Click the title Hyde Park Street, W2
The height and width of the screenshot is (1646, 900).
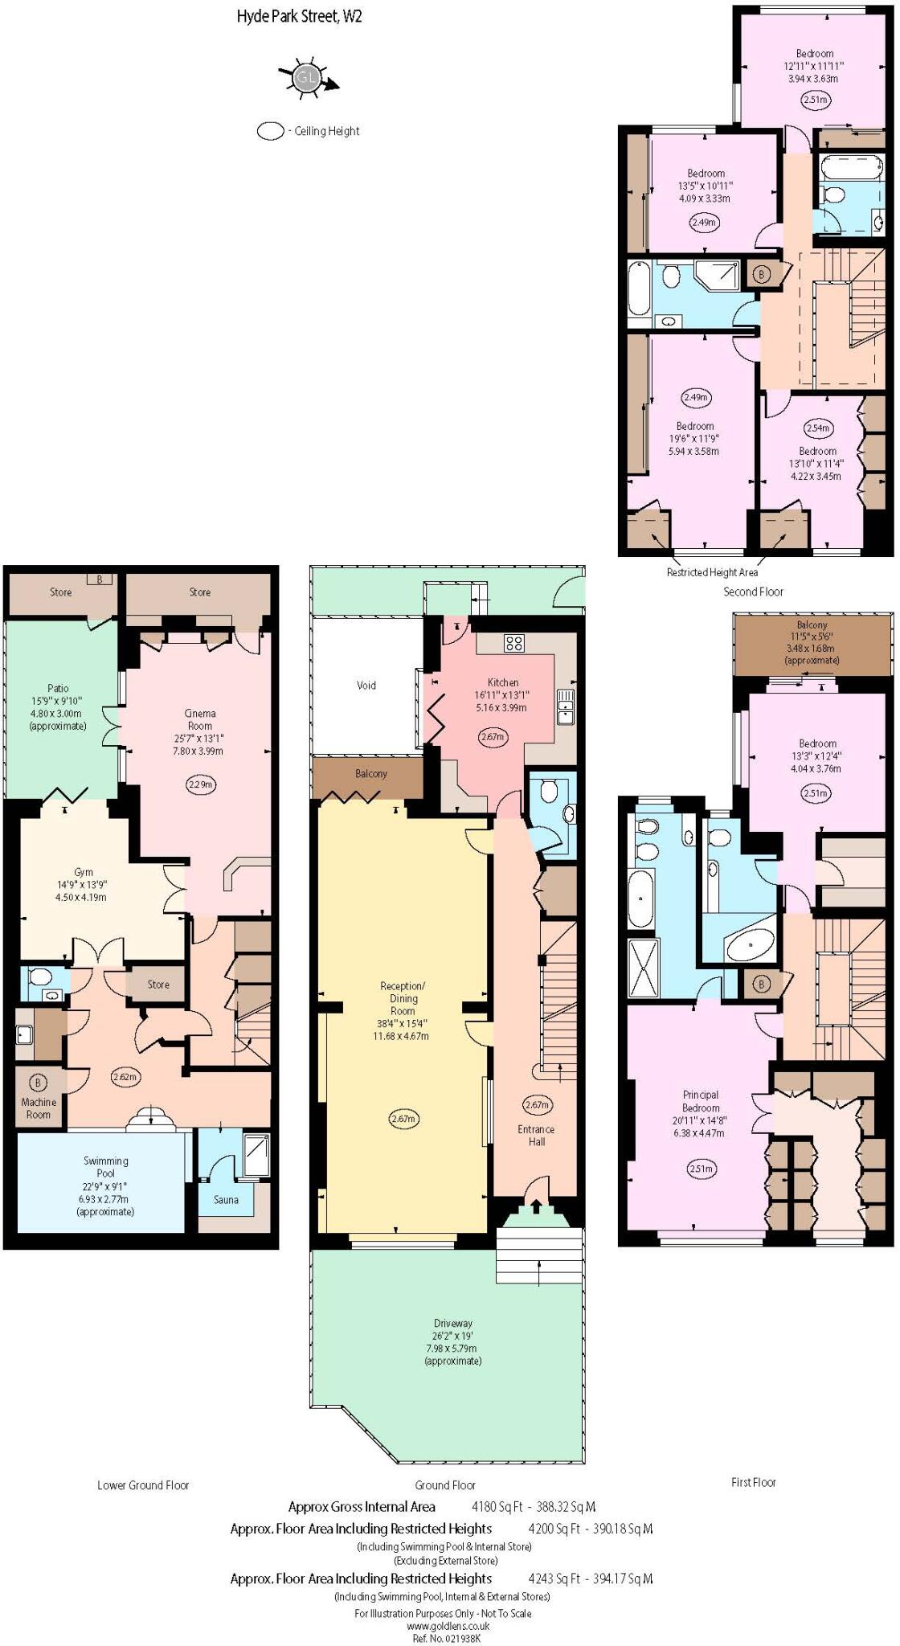pyautogui.click(x=299, y=17)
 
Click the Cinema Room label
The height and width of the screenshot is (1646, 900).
pyautogui.click(x=200, y=719)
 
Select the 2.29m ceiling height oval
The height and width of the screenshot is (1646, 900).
pyautogui.click(x=200, y=784)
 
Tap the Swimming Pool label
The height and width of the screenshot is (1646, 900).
pyautogui.click(x=105, y=1166)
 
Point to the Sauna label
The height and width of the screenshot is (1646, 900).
pyautogui.click(x=226, y=1199)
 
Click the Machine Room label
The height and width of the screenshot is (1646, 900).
pyautogui.click(x=39, y=1108)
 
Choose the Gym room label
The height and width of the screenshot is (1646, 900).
pyautogui.click(x=84, y=872)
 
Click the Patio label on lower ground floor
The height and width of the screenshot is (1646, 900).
pyautogui.click(x=58, y=688)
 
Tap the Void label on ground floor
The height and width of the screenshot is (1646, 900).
pyautogui.click(x=366, y=686)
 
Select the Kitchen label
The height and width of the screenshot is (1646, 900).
pyautogui.click(x=503, y=682)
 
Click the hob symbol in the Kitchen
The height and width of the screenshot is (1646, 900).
pyautogui.click(x=514, y=643)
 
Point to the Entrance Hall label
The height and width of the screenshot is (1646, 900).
pyautogui.click(x=536, y=1135)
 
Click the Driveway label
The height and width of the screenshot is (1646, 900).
pyautogui.click(x=453, y=1323)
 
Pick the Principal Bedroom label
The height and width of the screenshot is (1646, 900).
pyautogui.click(x=701, y=1101)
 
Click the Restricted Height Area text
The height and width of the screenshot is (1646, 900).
pyautogui.click(x=712, y=572)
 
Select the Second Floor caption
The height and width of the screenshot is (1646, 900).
pyautogui.click(x=753, y=592)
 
